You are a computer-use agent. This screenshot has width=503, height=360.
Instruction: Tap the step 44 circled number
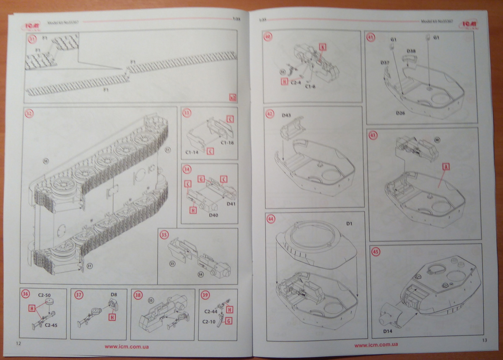[271, 219]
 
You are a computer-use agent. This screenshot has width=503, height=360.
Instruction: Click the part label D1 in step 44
[349, 225]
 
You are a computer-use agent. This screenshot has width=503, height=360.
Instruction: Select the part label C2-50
[45, 295]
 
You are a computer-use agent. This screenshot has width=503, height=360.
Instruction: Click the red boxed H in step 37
[112, 317]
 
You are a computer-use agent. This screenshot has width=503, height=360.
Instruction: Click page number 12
[18, 343]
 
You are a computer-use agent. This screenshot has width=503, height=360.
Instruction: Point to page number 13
[485, 340]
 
